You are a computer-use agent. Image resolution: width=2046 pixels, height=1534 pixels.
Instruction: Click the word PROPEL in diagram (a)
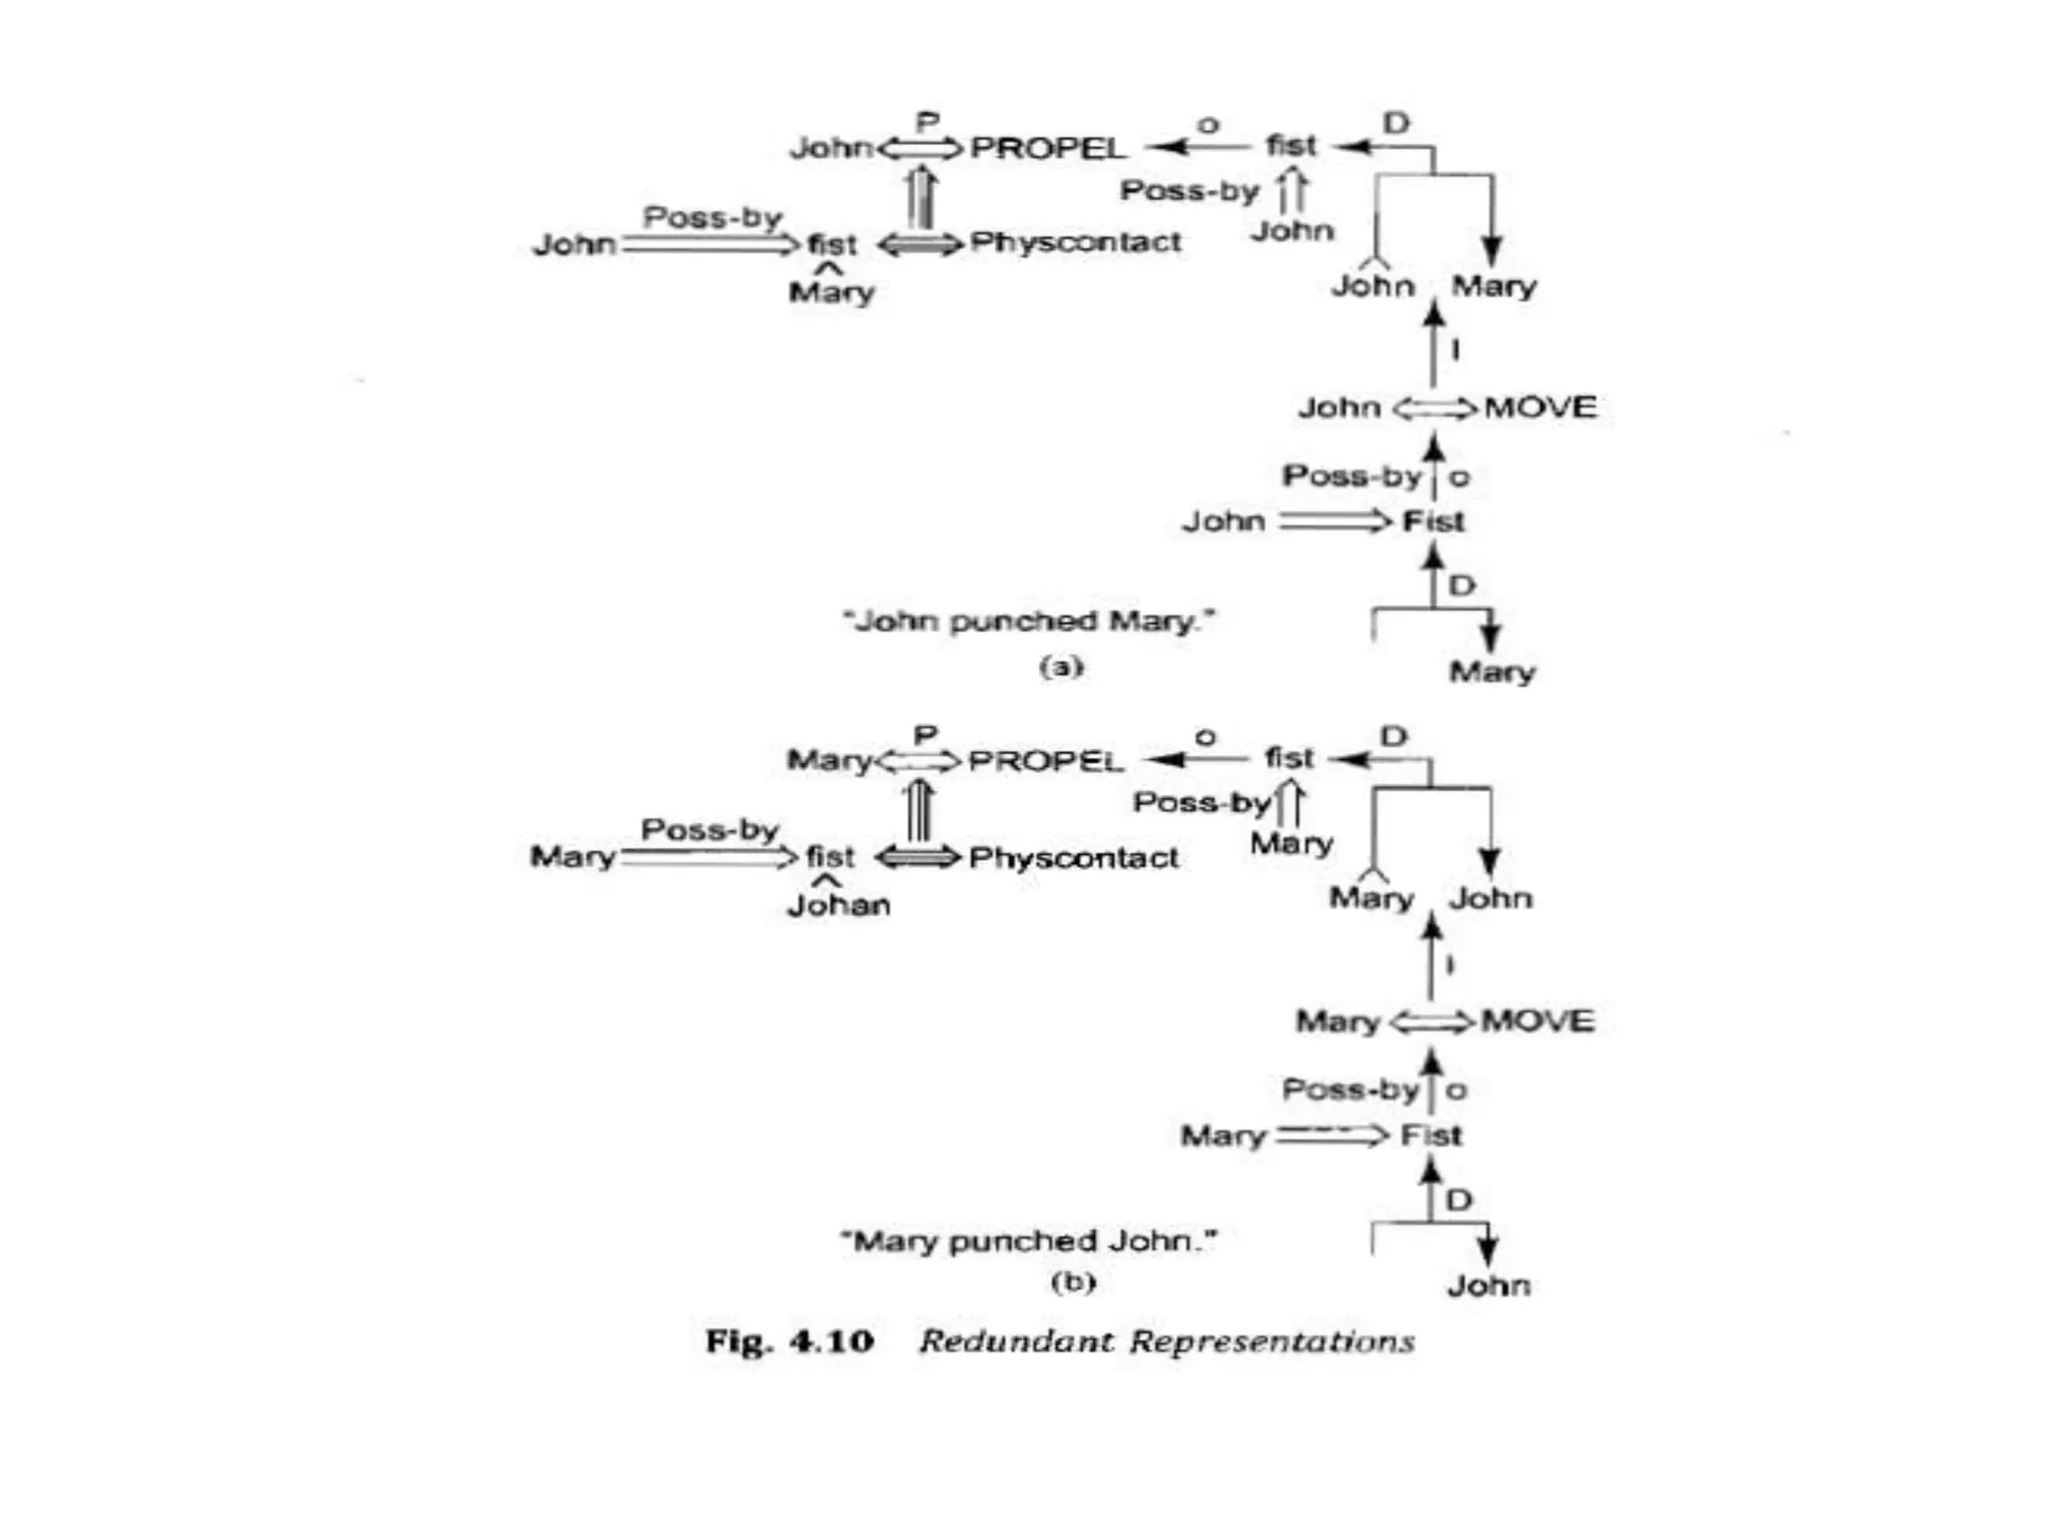1047,148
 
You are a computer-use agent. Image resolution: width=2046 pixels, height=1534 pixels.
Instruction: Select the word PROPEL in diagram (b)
1045,761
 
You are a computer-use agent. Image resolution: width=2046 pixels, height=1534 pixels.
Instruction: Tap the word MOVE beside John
1539,407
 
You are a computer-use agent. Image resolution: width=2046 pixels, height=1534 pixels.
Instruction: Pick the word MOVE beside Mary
1537,1021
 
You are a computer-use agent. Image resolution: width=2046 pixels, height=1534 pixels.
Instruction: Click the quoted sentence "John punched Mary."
1029,621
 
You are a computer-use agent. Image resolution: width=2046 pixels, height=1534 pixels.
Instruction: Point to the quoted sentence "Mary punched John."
1029,1241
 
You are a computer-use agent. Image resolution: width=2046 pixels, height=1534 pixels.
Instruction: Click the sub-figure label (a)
1061,666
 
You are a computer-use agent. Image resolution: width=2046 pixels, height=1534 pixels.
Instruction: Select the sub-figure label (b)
1073,1281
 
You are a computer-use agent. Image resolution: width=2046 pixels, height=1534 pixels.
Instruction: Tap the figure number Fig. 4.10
789,1341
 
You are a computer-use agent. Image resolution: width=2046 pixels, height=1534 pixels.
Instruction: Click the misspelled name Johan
838,906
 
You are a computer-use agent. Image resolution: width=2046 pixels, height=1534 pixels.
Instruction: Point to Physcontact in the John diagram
1075,243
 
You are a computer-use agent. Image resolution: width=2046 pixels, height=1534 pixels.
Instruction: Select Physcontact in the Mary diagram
1073,858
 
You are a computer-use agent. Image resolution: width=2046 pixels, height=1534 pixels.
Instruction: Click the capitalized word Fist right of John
1433,521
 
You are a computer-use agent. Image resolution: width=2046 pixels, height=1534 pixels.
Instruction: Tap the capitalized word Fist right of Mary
1431,1136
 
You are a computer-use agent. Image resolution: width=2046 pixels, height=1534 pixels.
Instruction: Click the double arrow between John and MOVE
1434,408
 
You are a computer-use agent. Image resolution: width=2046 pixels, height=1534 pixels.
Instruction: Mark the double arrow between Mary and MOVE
1432,1022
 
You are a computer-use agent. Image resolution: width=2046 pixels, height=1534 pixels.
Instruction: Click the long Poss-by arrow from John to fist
710,245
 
